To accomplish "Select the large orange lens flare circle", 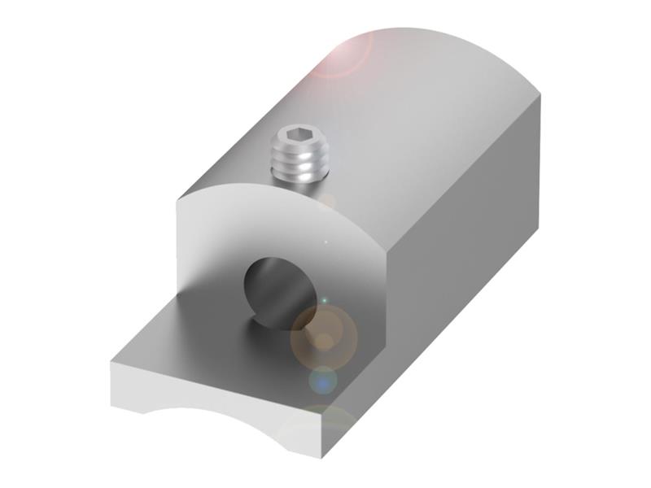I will click(x=324, y=333).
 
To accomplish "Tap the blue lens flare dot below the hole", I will click(x=323, y=379).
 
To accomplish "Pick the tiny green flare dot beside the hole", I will click(x=323, y=301).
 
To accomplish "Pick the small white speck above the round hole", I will click(x=325, y=242).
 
